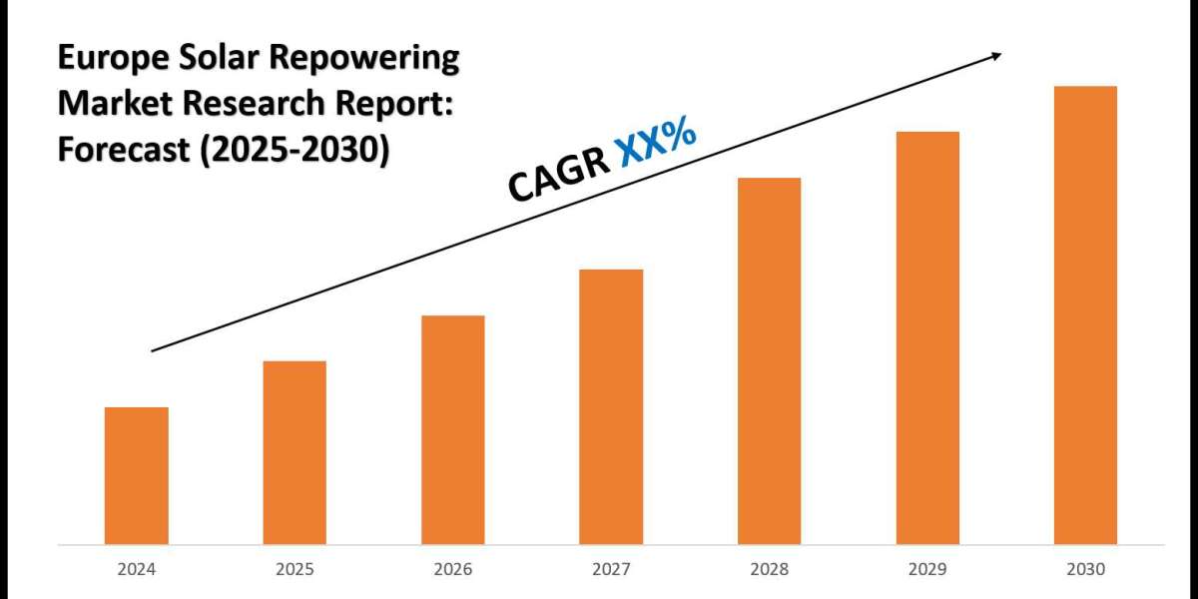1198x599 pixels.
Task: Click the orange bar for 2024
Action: pyautogui.click(x=136, y=475)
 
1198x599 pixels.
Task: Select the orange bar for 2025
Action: pyautogui.click(x=295, y=452)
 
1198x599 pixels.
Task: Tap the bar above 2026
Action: pyautogui.click(x=452, y=429)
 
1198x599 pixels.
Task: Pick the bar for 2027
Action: pyautogui.click(x=611, y=406)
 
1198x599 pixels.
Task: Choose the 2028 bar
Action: pyautogui.click(x=769, y=360)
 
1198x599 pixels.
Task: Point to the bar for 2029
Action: pyautogui.click(x=927, y=337)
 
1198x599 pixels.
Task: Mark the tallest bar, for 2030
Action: pyautogui.click(x=1085, y=314)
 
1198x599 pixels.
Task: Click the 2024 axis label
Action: pyautogui.click(x=136, y=569)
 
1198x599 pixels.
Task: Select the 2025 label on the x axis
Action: pyautogui.click(x=295, y=569)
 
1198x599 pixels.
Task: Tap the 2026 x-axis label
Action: pyautogui.click(x=452, y=569)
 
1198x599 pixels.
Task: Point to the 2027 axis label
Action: pyautogui.click(x=611, y=569)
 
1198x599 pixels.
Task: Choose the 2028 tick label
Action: pyautogui.click(x=769, y=569)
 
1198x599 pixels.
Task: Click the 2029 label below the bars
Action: pyautogui.click(x=927, y=569)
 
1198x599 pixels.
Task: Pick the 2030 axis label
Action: pyautogui.click(x=1085, y=569)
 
